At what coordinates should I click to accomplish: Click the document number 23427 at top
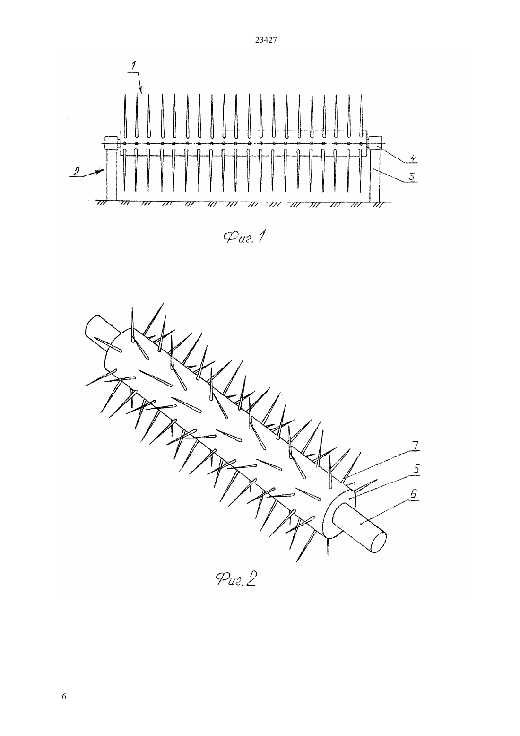[266, 40]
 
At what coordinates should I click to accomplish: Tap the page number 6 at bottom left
[64, 696]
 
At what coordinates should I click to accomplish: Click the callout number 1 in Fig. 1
[133, 65]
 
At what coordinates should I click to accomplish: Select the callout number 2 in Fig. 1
[76, 171]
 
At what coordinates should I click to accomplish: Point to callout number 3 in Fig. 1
[411, 176]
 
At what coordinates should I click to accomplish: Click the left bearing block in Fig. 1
[111, 143]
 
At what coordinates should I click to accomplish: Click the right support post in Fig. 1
[375, 175]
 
